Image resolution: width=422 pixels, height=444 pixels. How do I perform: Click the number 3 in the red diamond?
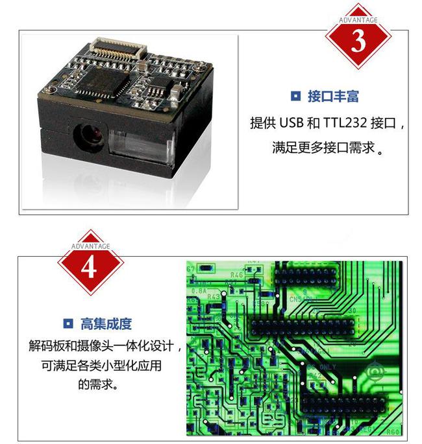(358, 41)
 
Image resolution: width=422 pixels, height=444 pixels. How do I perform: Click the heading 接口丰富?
(333, 97)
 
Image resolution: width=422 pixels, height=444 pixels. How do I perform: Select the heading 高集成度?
(106, 323)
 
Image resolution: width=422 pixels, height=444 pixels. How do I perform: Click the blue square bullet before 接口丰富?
(295, 97)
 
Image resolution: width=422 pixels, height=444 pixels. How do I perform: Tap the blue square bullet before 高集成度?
(68, 323)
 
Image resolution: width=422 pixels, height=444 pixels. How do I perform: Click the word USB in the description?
(292, 123)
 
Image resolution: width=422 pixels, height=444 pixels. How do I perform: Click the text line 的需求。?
(98, 384)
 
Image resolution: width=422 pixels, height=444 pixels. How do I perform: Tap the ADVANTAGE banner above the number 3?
(358, 19)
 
